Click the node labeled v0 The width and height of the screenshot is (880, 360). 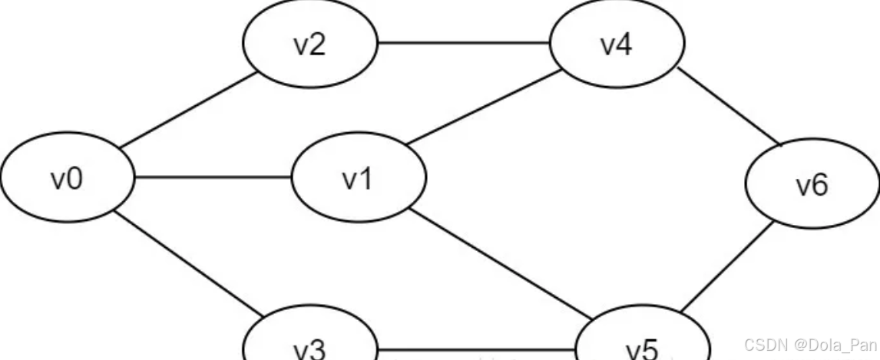click(67, 179)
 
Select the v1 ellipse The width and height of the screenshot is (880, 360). click(358, 179)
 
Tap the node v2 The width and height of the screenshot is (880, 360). click(309, 45)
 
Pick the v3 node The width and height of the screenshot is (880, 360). click(309, 344)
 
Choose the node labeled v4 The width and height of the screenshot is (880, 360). click(617, 45)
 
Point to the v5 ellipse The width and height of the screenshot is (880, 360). click(642, 344)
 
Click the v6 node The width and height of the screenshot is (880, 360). click(812, 185)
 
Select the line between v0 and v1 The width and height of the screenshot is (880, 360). click(213, 179)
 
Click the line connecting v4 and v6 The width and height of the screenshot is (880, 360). click(729, 107)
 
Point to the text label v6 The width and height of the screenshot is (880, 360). click(812, 185)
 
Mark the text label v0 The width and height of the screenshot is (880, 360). click(67, 179)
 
